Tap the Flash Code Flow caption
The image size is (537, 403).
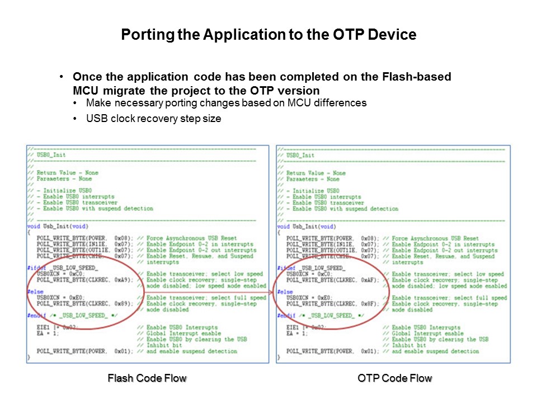click(x=147, y=379)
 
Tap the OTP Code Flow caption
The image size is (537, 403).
click(x=394, y=379)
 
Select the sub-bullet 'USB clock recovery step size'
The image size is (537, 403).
click(x=154, y=119)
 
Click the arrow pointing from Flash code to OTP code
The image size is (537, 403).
click(x=274, y=292)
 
